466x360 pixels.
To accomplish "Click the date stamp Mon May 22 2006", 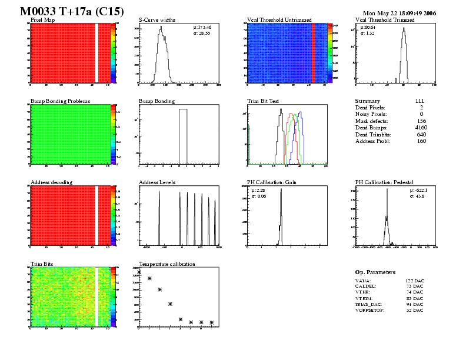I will click(x=400, y=12).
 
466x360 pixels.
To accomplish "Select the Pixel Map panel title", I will click(x=42, y=20).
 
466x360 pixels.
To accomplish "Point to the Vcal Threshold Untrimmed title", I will click(x=279, y=20).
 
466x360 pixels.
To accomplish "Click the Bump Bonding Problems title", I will click(x=61, y=101).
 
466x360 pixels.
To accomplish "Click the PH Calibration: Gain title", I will click(x=272, y=182).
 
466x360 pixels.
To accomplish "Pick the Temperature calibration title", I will click(x=167, y=264).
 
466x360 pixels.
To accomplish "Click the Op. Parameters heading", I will click(x=375, y=272).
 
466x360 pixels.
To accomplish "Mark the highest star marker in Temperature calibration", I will click(x=139, y=272).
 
